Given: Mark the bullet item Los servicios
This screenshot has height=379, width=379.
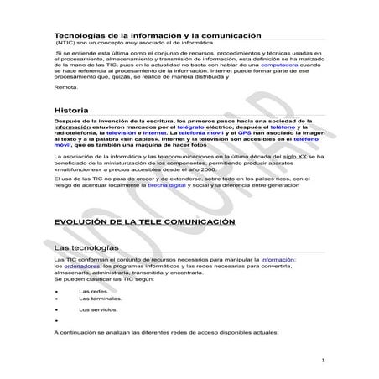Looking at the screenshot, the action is tap(98, 310).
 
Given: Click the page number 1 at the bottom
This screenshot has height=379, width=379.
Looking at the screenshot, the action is tap(324, 361).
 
